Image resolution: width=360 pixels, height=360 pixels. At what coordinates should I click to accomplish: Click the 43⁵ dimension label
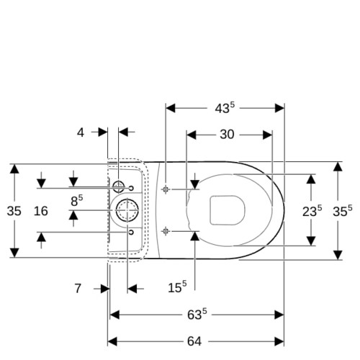(x=225, y=108)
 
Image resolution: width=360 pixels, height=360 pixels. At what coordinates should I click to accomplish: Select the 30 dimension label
(x=227, y=135)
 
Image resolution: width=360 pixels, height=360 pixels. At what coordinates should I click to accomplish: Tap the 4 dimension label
(x=81, y=132)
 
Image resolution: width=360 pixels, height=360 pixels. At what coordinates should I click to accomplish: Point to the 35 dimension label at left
(x=14, y=211)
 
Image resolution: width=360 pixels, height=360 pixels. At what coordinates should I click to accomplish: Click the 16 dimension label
(x=41, y=211)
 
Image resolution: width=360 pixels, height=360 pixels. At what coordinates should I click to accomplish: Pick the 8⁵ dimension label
(x=77, y=201)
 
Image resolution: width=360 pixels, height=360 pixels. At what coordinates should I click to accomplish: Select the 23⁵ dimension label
(x=312, y=211)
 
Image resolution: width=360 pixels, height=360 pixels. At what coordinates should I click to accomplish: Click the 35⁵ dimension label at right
(x=343, y=211)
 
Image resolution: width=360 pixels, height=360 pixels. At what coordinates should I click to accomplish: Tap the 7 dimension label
(x=78, y=288)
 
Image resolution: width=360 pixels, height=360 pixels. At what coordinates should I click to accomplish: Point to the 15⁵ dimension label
(x=177, y=287)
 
